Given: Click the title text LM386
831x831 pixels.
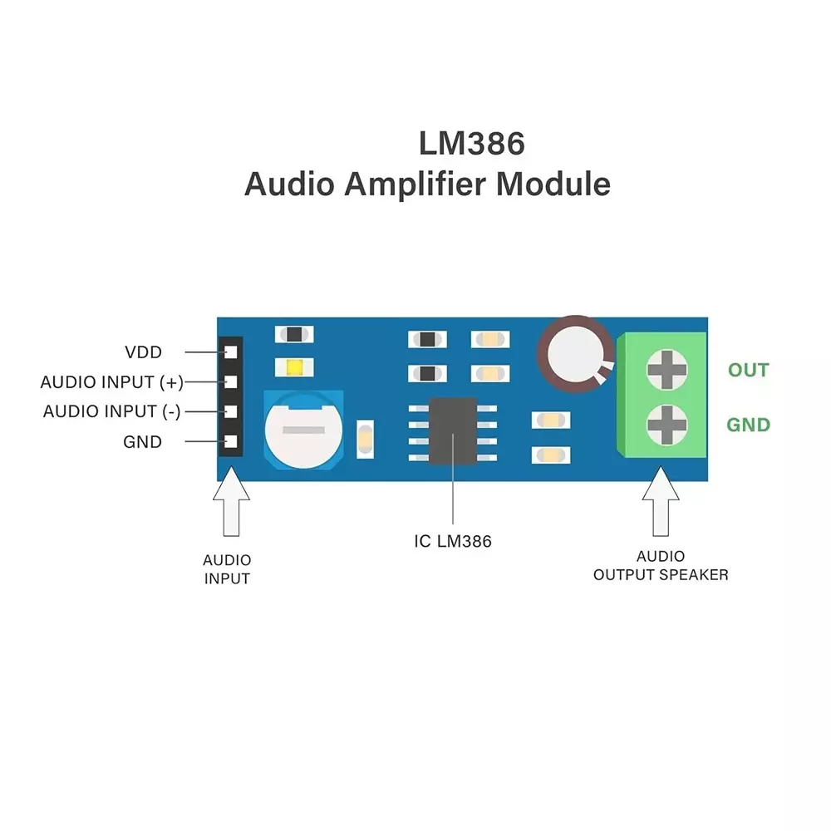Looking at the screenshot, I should (471, 144).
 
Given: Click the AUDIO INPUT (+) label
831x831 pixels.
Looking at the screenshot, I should (111, 382).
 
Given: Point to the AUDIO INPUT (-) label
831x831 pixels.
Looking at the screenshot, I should (111, 411).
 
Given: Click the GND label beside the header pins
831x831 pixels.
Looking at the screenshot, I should (142, 442).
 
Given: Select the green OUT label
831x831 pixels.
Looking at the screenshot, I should (748, 371).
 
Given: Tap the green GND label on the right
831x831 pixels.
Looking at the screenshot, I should (748, 425).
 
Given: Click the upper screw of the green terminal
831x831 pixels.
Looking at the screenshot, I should (668, 369).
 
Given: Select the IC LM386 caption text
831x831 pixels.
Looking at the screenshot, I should (453, 542).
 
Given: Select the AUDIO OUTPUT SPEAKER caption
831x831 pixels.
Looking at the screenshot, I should (661, 566).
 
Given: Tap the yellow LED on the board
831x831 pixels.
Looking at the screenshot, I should (294, 367).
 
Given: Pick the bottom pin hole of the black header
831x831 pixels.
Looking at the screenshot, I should (231, 442).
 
